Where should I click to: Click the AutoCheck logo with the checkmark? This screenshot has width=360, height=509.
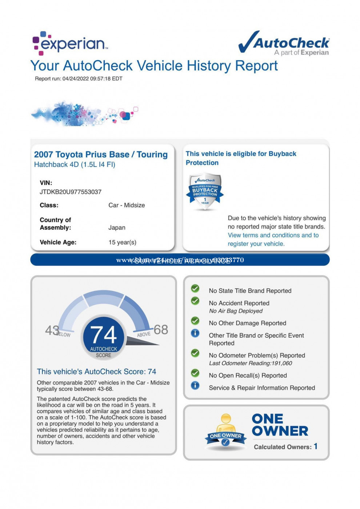click(x=284, y=43)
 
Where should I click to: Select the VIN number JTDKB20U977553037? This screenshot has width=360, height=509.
click(x=71, y=192)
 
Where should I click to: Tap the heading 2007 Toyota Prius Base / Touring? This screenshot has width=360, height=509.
click(x=101, y=155)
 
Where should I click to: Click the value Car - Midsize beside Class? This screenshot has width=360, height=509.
click(x=127, y=205)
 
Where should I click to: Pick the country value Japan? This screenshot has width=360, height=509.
click(x=117, y=228)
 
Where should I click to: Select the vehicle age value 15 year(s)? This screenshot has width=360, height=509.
click(x=122, y=243)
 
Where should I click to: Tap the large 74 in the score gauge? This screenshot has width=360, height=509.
click(x=103, y=335)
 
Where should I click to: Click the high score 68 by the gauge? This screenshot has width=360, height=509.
click(x=161, y=330)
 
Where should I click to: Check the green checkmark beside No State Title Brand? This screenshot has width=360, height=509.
click(x=195, y=289)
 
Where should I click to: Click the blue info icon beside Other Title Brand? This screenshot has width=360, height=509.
click(x=195, y=333)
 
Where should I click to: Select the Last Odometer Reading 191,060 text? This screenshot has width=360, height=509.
click(x=251, y=363)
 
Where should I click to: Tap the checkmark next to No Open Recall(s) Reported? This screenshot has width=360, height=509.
click(x=195, y=373)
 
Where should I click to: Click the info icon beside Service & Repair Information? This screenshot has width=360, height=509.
click(x=195, y=385)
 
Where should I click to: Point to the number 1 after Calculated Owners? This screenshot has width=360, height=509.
click(x=316, y=446)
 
